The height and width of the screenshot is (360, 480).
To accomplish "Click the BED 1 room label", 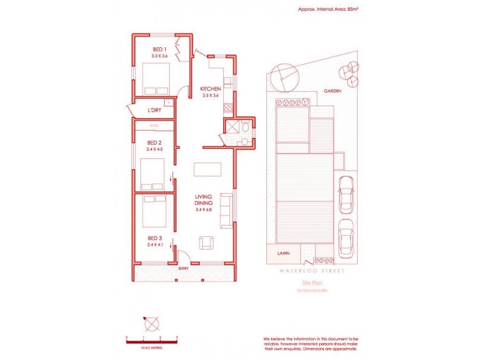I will (x=159, y=49).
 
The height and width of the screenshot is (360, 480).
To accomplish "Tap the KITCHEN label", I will (x=211, y=89).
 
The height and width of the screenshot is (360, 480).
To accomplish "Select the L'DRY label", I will (x=154, y=110).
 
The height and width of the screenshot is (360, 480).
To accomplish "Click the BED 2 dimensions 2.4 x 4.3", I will (x=155, y=148).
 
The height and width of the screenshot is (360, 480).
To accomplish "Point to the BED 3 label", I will (x=155, y=238).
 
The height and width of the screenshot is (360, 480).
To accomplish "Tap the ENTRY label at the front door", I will (x=184, y=268).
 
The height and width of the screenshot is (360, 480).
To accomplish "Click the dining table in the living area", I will (x=208, y=169).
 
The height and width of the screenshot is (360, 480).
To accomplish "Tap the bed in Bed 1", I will (x=155, y=79).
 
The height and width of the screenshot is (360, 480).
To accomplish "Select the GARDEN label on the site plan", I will (x=332, y=91).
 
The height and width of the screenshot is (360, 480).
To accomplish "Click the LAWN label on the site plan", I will (x=284, y=253).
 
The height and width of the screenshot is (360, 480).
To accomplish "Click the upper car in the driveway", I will (x=345, y=194).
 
